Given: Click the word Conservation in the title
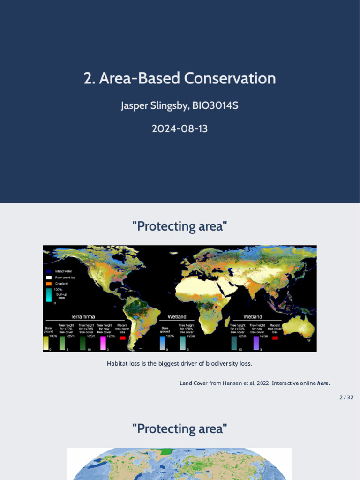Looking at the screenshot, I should tap(230, 78).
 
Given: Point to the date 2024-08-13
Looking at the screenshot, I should tap(180, 128).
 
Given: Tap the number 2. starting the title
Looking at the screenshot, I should tap(90, 78).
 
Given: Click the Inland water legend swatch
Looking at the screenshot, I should tap(49, 271).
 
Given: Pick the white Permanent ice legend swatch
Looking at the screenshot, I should tap(49, 277).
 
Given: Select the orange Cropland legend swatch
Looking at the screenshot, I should tap(49, 284).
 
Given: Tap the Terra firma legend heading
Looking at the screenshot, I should tap(82, 317).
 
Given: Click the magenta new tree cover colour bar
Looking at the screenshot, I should tap(103, 343).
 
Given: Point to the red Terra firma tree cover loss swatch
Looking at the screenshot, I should tap(122, 338).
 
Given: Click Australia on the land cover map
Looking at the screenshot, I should tap(299, 329).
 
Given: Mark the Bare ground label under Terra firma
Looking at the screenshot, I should tap(48, 330).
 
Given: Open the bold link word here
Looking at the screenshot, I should tap(323, 383).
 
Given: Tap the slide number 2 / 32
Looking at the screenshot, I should tap(346, 397).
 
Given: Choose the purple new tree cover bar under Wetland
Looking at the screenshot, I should tap(256, 343).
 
